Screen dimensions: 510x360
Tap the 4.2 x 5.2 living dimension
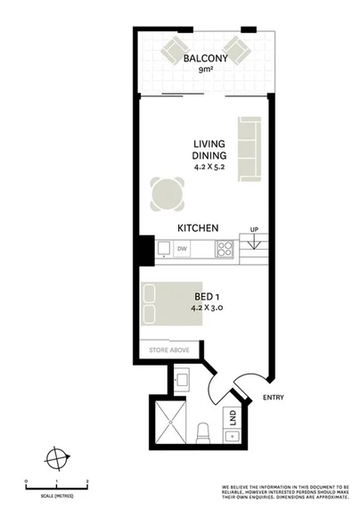pyautogui.click(x=210, y=165)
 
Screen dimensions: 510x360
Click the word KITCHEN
pyautogui.click(x=198, y=228)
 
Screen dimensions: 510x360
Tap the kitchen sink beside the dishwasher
pyautogui.click(x=164, y=249)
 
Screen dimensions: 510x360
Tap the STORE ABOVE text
pyautogui.click(x=168, y=350)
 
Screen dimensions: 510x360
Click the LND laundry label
pyautogui.click(x=231, y=416)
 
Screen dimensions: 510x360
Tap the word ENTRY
pyautogui.click(x=273, y=398)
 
